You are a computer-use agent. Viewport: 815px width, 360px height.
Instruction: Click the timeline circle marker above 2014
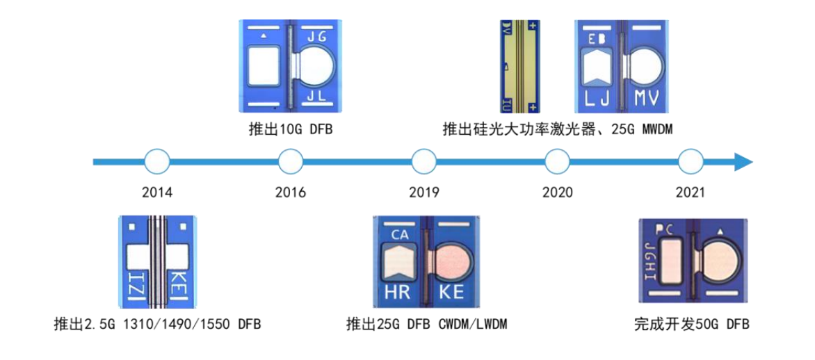point(157,162)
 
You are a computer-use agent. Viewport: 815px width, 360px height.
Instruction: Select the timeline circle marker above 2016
point(291,162)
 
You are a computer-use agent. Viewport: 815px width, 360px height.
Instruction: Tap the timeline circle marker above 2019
point(424,162)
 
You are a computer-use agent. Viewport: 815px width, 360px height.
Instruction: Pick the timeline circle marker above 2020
point(558,162)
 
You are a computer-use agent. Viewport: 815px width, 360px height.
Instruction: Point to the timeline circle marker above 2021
point(691,162)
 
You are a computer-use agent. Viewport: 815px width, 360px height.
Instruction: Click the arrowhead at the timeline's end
point(743,162)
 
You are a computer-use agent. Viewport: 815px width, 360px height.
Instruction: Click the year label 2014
point(157,193)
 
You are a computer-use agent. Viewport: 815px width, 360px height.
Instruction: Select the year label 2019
point(424,193)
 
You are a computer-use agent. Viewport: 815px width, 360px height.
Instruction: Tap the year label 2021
point(691,193)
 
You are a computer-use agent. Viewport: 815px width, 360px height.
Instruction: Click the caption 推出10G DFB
point(291,129)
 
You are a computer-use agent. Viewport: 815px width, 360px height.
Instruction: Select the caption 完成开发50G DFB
point(692,324)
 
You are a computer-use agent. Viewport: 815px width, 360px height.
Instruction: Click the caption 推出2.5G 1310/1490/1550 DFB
point(157,324)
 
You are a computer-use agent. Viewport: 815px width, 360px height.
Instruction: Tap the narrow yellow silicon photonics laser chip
point(519,66)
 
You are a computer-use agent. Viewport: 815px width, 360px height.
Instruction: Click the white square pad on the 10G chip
point(264,67)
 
